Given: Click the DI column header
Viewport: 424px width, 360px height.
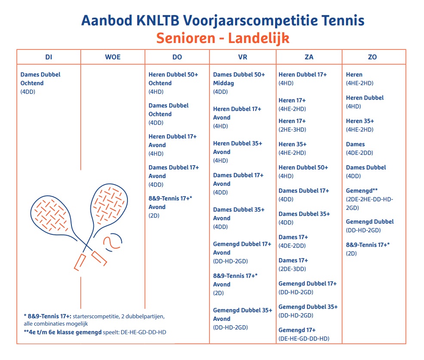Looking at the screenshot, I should point(49,57).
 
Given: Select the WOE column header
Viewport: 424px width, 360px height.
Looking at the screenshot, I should point(113,57).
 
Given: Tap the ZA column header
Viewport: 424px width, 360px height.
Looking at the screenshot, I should point(309,57).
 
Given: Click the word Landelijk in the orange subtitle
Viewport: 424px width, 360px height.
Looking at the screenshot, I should point(258,38).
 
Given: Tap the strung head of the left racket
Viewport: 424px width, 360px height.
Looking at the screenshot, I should point(50,211).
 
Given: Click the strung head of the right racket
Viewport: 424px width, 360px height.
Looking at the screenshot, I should point(110,201).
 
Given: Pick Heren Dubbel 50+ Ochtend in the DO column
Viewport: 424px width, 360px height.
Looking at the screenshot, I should point(173,79).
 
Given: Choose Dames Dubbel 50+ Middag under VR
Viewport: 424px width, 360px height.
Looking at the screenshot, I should point(239,79).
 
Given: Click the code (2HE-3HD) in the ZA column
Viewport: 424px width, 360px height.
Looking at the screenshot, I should point(292,129).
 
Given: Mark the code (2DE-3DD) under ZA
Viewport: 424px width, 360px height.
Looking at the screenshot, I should point(292,269).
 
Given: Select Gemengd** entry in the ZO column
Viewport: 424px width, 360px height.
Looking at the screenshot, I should point(362,191).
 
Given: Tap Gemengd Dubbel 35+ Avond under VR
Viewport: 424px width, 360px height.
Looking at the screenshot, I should point(242,314).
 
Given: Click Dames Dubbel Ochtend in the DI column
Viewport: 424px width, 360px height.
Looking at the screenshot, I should point(40,79).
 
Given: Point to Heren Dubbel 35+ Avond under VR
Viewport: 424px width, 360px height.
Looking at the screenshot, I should point(237,148).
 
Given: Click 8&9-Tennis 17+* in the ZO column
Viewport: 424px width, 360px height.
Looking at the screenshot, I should point(368,245).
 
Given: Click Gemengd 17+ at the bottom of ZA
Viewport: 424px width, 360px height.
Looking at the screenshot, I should point(297,330).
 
